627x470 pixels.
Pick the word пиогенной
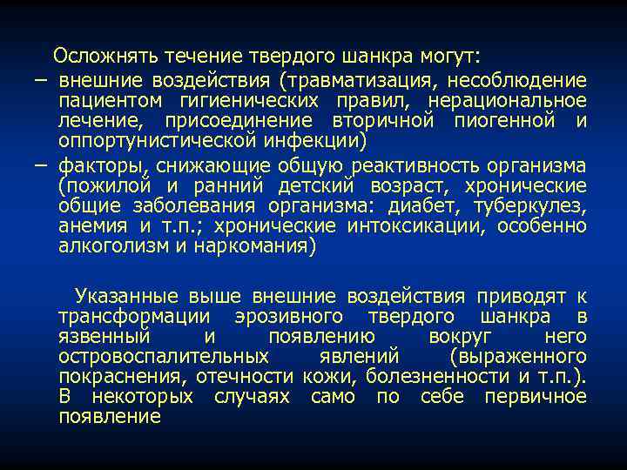[508, 121]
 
